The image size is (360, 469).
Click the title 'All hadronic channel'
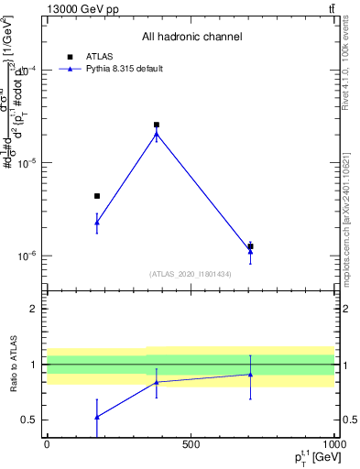click(191, 38)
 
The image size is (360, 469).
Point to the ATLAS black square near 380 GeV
click(157, 125)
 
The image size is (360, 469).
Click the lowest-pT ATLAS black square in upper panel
click(97, 196)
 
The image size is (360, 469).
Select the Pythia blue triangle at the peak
click(157, 134)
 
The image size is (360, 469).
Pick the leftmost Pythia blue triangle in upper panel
click(97, 222)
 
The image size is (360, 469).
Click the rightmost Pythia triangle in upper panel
click(250, 250)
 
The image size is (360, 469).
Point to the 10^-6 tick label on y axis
click(29, 256)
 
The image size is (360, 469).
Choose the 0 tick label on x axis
click(47, 444)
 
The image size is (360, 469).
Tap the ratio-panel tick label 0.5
click(32, 420)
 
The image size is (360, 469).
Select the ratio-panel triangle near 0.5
click(97, 416)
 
